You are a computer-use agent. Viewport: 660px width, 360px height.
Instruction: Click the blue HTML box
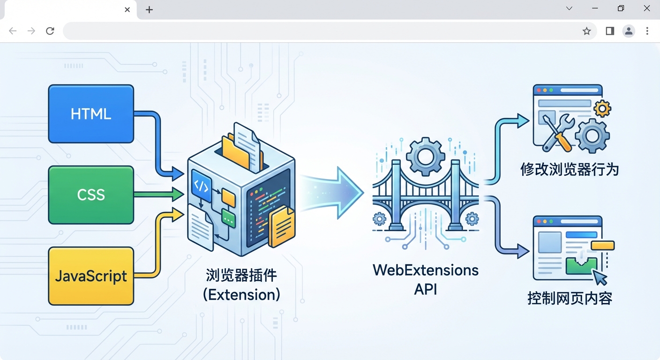pos(91,114)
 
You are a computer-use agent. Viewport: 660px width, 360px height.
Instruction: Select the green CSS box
pos(91,195)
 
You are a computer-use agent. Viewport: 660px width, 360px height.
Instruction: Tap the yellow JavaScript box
pos(91,276)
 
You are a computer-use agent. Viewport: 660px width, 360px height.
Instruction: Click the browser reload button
pos(50,31)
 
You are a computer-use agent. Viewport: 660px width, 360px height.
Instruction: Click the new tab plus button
pos(149,10)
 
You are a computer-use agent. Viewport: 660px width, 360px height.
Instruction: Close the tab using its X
pos(127,10)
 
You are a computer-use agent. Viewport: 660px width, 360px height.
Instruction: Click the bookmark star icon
pos(586,31)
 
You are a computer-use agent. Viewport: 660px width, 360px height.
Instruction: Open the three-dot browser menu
pos(647,31)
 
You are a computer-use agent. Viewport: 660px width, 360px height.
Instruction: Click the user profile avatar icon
pos(629,31)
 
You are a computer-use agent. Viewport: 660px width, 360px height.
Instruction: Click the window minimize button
pos(595,8)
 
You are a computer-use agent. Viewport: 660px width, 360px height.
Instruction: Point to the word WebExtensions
pos(425,270)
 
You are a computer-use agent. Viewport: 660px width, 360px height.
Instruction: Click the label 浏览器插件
pos(241,275)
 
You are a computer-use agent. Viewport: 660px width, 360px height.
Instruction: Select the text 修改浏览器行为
pos(570,169)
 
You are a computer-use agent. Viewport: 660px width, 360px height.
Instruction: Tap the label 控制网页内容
pos(570,298)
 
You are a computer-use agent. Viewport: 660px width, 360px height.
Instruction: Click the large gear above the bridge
pos(425,157)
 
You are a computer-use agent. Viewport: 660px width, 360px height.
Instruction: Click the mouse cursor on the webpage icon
pos(600,277)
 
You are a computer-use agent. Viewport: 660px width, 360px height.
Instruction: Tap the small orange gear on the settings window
pos(602,109)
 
